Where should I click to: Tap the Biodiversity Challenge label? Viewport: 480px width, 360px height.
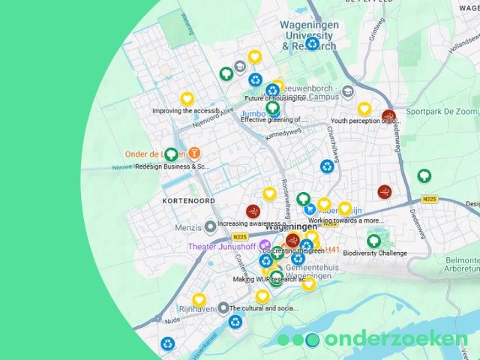[x=375, y=253]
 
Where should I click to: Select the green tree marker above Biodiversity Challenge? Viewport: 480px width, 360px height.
[x=373, y=241]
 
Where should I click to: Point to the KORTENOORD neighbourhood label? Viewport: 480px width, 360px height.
[x=189, y=201]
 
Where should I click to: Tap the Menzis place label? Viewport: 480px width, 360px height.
[x=187, y=226]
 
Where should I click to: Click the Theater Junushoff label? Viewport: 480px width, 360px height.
[x=222, y=246]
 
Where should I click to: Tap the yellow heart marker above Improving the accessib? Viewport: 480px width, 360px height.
[x=187, y=99]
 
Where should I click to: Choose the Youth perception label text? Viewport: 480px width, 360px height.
[x=364, y=121]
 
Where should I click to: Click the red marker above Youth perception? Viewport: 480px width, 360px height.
[x=388, y=116]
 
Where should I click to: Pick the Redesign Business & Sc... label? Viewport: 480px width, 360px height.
[x=172, y=166]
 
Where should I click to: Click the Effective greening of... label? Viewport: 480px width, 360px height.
[x=274, y=119]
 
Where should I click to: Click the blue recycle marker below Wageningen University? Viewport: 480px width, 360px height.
[x=312, y=43]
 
